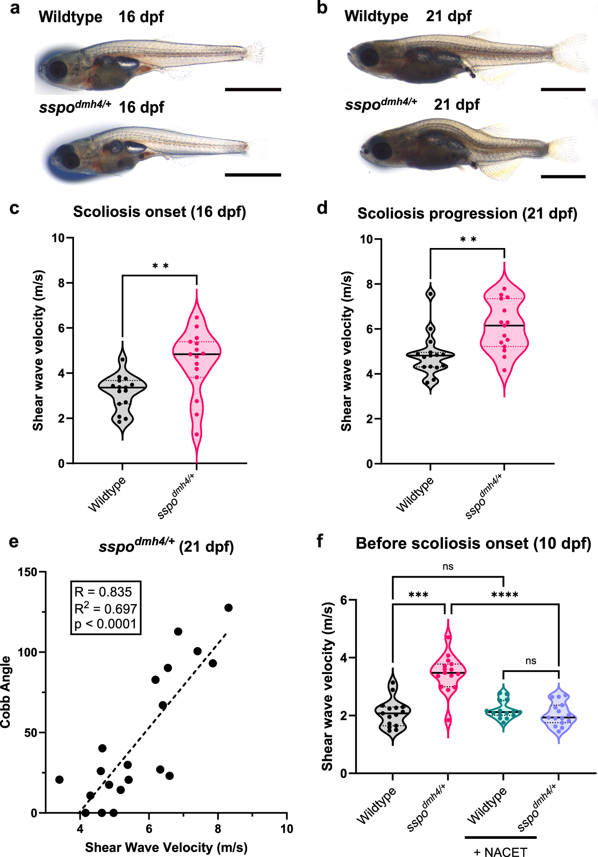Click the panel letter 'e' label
[x=14, y=542]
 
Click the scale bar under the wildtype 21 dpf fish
[x=563, y=89]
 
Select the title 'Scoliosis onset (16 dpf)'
[x=159, y=212]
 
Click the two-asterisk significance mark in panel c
[x=160, y=266]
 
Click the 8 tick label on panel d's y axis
[x=369, y=284]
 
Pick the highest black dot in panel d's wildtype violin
[x=430, y=294]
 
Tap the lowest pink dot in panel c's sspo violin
[x=197, y=434]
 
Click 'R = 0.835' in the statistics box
[x=103, y=592]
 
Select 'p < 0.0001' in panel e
[x=105, y=624]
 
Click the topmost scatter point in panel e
[x=228, y=608]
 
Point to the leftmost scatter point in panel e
[x=59, y=779]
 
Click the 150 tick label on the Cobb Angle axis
[x=27, y=572]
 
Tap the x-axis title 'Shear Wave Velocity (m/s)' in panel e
[x=166, y=847]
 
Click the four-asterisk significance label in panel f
[x=505, y=595]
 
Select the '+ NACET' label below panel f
[x=501, y=852]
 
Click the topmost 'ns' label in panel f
[x=448, y=566]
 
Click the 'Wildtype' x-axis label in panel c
[x=107, y=494]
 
